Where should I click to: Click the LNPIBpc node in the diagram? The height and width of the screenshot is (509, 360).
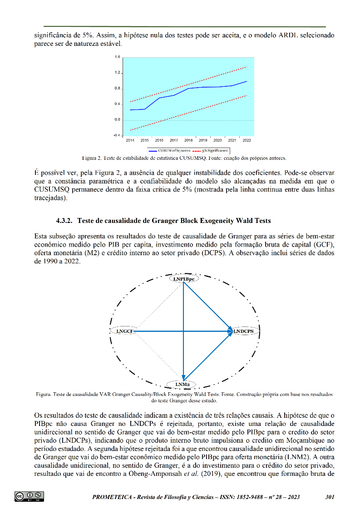click(183, 279)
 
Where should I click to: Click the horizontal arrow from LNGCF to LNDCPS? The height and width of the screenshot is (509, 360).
click(182, 331)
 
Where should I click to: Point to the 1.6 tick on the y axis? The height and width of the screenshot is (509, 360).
click(117, 57)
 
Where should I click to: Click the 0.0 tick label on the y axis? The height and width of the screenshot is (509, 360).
click(117, 120)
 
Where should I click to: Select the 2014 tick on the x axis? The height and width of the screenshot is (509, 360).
click(130, 140)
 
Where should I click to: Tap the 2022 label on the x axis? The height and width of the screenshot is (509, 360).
click(247, 140)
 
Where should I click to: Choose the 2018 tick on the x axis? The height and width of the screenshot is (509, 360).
click(188, 140)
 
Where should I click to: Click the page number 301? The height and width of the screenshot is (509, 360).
click(330, 497)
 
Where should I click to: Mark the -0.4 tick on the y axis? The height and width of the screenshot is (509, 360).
click(117, 135)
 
